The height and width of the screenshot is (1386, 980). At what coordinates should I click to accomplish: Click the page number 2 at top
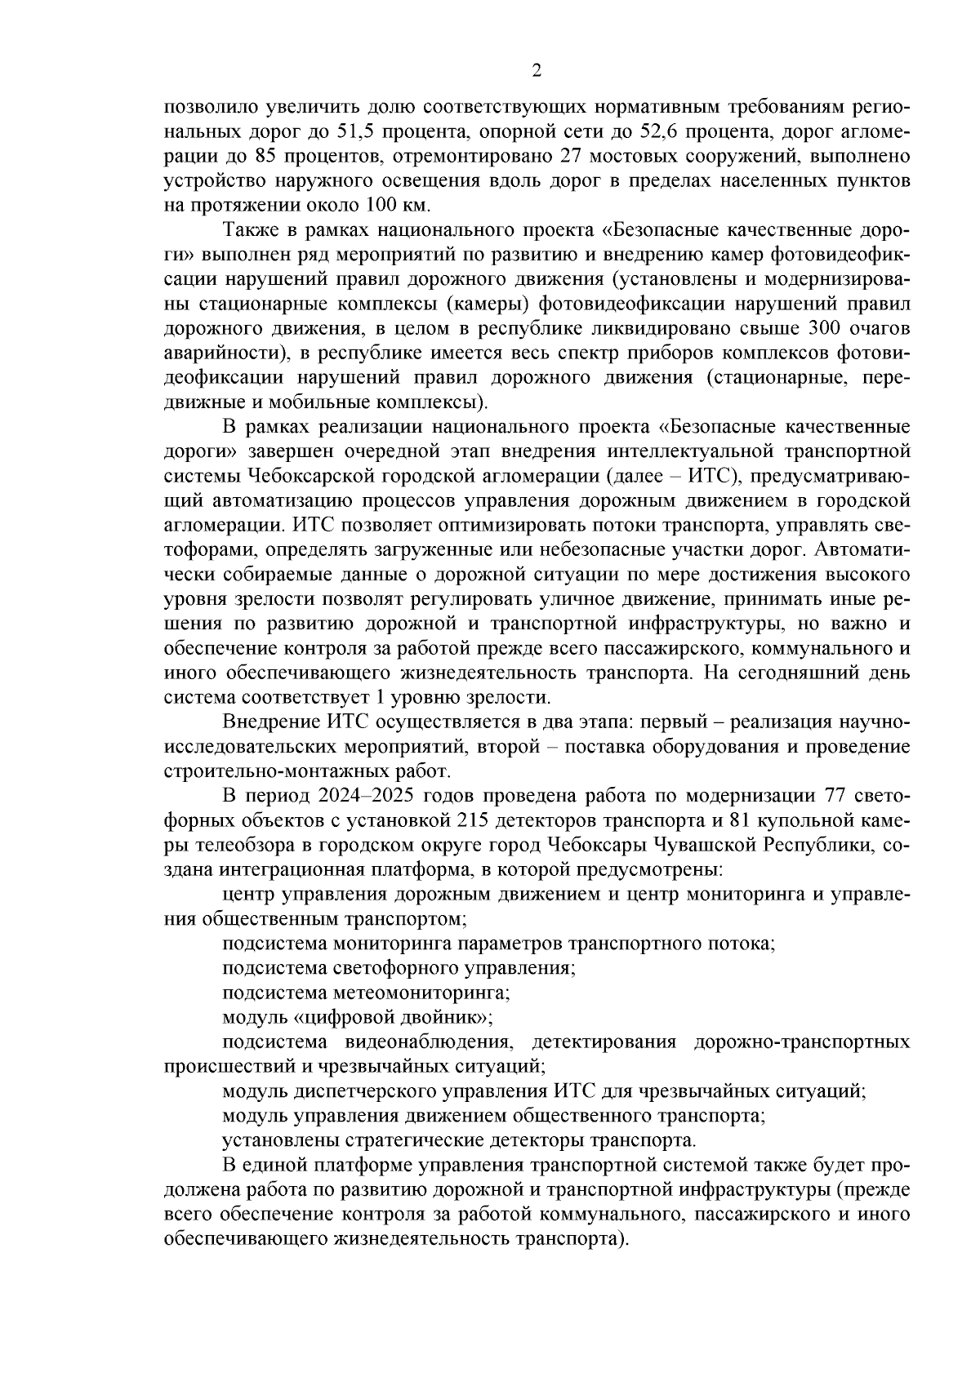click(537, 70)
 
